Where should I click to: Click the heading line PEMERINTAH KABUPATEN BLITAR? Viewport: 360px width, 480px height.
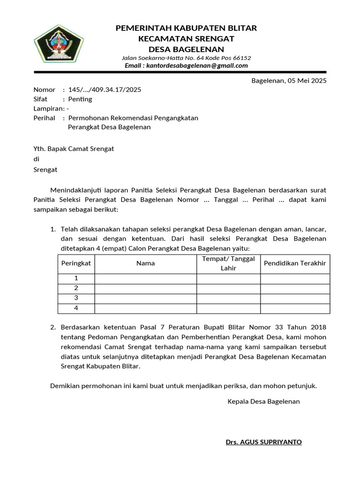pos(186,28)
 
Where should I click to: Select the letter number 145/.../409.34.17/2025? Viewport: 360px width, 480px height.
pos(105,90)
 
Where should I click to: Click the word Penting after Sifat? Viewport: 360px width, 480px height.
pos(80,99)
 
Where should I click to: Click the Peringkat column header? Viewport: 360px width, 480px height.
pos(76,263)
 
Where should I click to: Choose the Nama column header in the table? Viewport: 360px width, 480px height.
pos(145,263)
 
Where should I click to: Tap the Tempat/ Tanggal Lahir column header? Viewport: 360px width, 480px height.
pos(228,263)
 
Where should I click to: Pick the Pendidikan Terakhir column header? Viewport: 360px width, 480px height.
pos(295,263)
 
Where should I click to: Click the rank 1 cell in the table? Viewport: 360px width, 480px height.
pos(76,278)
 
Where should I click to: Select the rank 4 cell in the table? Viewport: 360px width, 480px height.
pos(76,308)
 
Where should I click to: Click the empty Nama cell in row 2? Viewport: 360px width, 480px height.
pos(145,288)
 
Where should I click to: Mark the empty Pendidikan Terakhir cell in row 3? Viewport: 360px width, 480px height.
pos(295,298)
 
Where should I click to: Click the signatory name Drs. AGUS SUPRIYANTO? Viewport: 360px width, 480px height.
pos(264,442)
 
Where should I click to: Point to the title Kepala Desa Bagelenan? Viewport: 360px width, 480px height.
pos(263,402)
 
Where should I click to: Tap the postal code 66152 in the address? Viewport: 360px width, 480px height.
pos(242,58)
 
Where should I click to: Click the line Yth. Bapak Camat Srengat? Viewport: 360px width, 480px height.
pos(74,149)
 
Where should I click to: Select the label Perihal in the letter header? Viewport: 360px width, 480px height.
pos(45,118)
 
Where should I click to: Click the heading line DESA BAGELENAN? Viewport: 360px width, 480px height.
pos(186,49)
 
